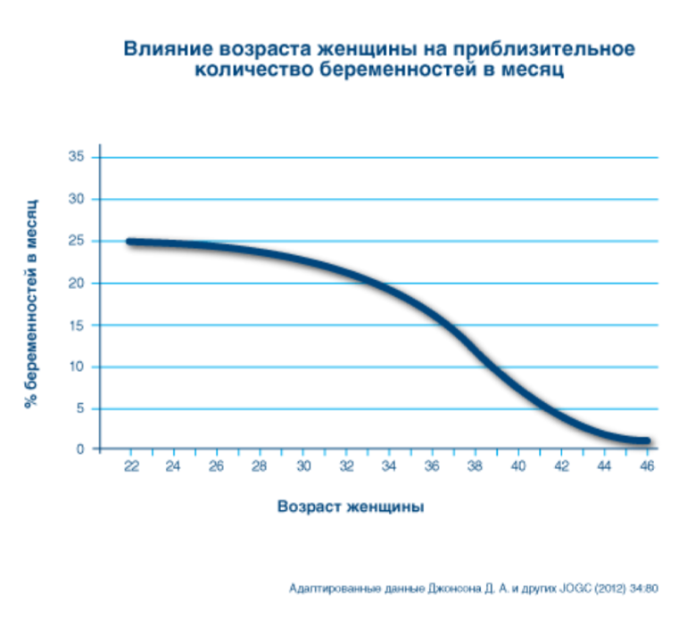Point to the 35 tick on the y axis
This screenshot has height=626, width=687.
pos(77,157)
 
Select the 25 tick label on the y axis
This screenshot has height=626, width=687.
pos(77,241)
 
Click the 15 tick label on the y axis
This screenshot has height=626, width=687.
pos(77,325)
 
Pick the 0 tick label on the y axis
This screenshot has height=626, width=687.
pos(80,449)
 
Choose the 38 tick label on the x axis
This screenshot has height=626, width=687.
pos(476,466)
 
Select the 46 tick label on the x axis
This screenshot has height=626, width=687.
pos(648,466)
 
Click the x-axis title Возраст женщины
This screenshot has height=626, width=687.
pos(350,507)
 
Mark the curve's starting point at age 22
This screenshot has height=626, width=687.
pos(130,242)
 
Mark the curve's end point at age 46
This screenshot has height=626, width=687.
pos(646,441)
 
